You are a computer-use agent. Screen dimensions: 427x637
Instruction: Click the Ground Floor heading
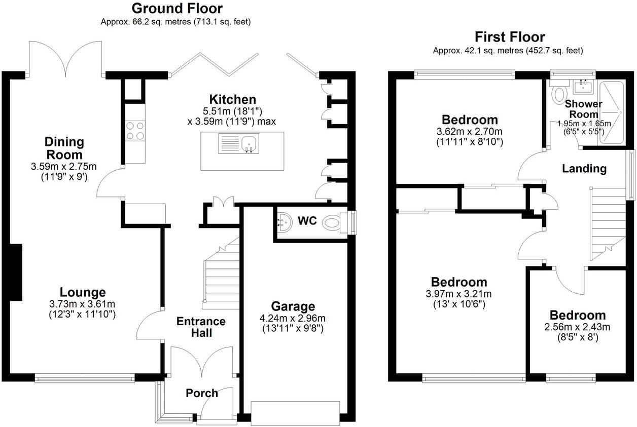[x=176, y=9]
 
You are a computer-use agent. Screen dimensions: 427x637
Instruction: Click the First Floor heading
[x=509, y=37]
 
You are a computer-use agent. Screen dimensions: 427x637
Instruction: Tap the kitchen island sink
[x=249, y=144]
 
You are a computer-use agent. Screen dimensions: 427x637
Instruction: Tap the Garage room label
[x=293, y=306]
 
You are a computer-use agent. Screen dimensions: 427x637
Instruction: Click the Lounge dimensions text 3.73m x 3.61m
[x=83, y=304]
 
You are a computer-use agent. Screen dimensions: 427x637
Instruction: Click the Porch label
[x=201, y=393]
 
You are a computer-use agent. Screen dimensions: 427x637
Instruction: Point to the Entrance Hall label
[x=201, y=327]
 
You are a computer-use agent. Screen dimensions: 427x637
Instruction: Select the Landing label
[x=584, y=169]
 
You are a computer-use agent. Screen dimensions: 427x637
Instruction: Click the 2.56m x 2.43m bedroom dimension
[x=577, y=327]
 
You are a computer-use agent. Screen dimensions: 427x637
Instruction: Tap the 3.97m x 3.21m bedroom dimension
[x=458, y=294]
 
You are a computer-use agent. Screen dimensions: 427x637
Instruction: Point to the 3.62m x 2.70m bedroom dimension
[x=469, y=132]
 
